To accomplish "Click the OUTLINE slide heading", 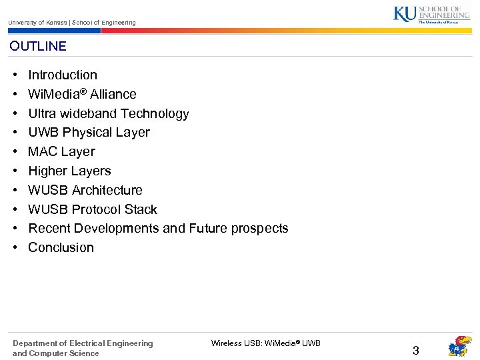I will click(38, 46).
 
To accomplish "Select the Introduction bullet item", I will click(63, 75).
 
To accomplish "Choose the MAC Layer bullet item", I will click(61, 152).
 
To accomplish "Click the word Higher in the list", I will click(47, 171).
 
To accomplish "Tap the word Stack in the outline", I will click(141, 209).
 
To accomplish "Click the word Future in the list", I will click(208, 229).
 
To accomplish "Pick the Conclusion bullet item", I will click(61, 248).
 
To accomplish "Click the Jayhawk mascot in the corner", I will click(459, 347).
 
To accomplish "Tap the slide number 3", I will click(415, 351).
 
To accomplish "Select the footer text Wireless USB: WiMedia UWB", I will click(265, 343).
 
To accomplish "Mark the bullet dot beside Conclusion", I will click(15, 248).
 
